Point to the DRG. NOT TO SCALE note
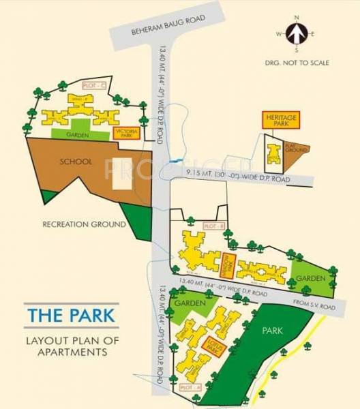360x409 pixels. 297,63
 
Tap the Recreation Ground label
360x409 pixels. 84,224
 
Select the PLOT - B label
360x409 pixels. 213,225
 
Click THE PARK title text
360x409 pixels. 71,316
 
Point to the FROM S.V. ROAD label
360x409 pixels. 313,302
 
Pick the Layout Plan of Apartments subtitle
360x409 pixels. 67,346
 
